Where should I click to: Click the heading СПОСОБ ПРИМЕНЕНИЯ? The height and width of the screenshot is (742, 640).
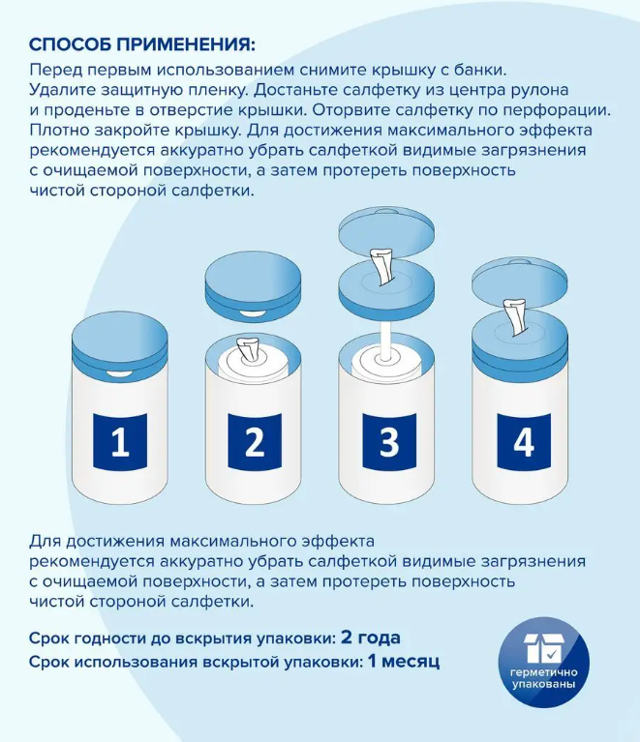141,45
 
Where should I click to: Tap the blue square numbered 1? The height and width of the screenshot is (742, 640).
120,441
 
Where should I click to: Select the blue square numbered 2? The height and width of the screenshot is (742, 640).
255,441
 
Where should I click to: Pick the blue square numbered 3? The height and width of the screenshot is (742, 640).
389,441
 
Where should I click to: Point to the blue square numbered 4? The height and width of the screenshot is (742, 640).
524,441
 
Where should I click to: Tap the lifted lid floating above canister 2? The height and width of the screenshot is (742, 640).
253,285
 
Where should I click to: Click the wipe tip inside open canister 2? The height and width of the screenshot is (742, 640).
248,349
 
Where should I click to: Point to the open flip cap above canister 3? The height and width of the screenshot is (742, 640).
386,231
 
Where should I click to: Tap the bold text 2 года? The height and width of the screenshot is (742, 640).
371,638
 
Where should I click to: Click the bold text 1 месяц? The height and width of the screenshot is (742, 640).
404,661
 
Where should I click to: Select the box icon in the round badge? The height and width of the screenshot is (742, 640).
544,648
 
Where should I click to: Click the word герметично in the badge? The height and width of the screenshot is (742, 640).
543,672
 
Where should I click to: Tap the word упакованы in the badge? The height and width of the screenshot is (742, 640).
543,684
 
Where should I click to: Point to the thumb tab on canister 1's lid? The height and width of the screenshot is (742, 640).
120,374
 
